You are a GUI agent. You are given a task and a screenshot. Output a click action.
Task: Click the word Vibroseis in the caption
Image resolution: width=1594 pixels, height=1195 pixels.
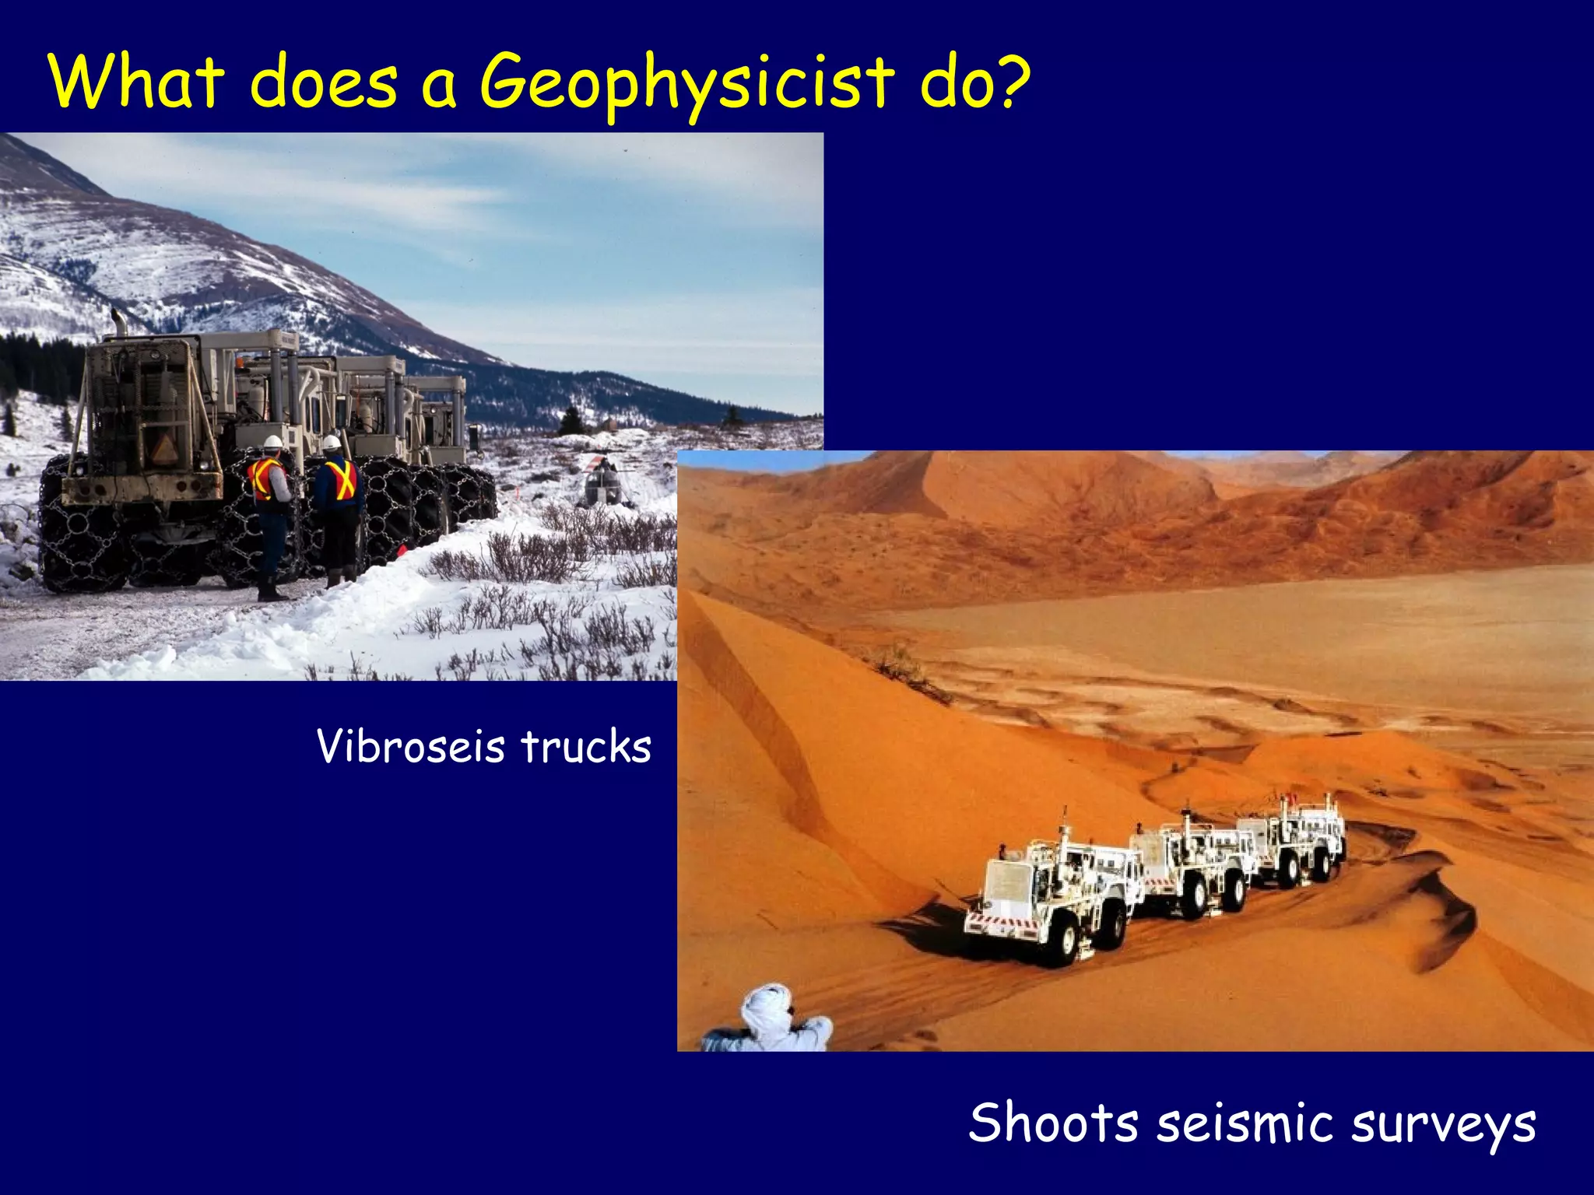click(x=411, y=747)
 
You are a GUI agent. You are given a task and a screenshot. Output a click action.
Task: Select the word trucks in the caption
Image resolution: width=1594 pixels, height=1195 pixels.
click(x=586, y=747)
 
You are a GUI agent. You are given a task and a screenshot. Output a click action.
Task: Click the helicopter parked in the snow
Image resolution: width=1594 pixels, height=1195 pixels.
click(x=603, y=482)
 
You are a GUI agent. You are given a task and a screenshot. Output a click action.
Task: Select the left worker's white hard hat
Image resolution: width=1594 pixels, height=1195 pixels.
click(x=272, y=442)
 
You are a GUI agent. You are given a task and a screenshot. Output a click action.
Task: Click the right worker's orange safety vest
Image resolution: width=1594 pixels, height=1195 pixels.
click(x=340, y=479)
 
